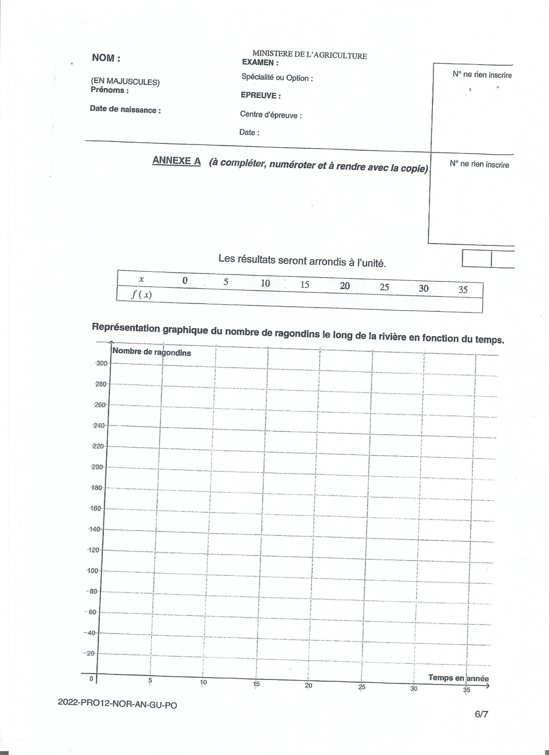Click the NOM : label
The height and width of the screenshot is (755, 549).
click(106, 58)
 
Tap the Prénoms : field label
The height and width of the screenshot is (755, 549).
click(109, 90)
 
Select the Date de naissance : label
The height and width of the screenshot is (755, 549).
click(125, 110)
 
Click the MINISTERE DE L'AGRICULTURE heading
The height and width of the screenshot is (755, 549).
click(309, 55)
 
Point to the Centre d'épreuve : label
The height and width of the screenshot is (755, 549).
click(271, 115)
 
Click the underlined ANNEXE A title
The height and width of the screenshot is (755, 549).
click(176, 161)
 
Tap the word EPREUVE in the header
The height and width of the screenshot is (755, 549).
click(259, 96)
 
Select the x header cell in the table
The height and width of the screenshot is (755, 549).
click(141, 280)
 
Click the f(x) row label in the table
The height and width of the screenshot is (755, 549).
click(141, 295)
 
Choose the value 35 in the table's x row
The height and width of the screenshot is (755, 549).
click(463, 290)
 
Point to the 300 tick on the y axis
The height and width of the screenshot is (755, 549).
click(101, 363)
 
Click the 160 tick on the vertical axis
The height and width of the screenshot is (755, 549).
click(96, 509)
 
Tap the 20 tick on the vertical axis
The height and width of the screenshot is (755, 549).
click(90, 654)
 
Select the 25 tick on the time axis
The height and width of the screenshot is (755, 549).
click(362, 687)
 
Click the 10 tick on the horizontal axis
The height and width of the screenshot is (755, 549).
click(203, 682)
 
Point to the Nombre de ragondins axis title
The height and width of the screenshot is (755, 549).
click(152, 352)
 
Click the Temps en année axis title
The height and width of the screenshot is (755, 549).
click(459, 678)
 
